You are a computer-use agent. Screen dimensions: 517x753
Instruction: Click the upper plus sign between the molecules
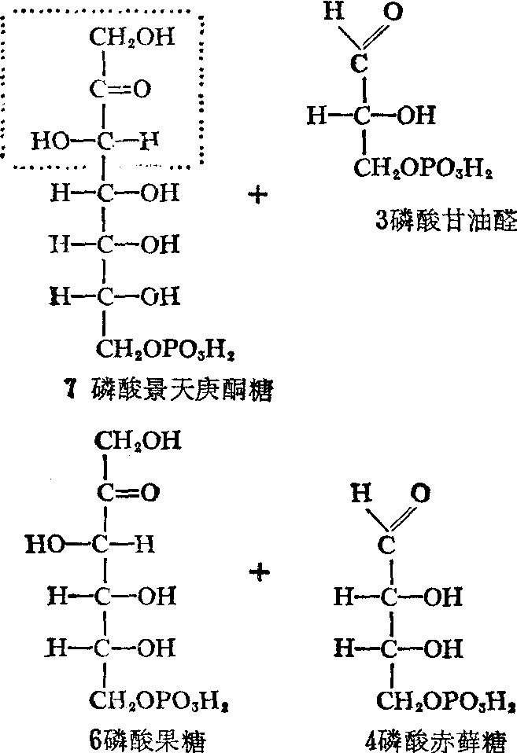[x=258, y=196]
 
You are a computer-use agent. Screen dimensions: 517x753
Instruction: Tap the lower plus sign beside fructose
[x=260, y=572]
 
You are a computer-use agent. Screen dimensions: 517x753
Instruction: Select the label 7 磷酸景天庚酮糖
[x=169, y=389]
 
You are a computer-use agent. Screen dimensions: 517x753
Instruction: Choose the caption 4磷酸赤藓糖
[x=436, y=740]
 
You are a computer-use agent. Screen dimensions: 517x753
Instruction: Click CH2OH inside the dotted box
[x=132, y=37]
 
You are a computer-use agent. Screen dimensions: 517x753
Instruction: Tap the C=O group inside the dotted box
[x=120, y=89]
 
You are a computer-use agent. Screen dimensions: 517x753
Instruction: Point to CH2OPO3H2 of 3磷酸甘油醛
[x=423, y=168]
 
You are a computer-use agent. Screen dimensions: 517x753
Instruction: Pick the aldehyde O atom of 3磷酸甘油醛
[x=393, y=11]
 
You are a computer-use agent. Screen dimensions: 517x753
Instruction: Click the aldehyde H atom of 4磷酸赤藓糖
[x=361, y=493]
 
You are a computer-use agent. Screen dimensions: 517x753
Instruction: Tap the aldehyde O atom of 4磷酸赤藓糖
[x=420, y=493]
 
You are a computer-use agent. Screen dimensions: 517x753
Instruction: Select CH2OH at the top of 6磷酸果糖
[x=138, y=440]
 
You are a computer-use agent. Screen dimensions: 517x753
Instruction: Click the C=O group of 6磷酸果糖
[x=128, y=493]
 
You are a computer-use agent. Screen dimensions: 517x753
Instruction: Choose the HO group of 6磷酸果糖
[x=44, y=545]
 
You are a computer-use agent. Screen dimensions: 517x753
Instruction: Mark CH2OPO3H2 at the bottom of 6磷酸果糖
[x=159, y=701]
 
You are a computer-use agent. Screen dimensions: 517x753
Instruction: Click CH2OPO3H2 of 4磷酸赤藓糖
[x=445, y=701]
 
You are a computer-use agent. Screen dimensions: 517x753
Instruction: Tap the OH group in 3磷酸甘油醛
[x=416, y=116]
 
